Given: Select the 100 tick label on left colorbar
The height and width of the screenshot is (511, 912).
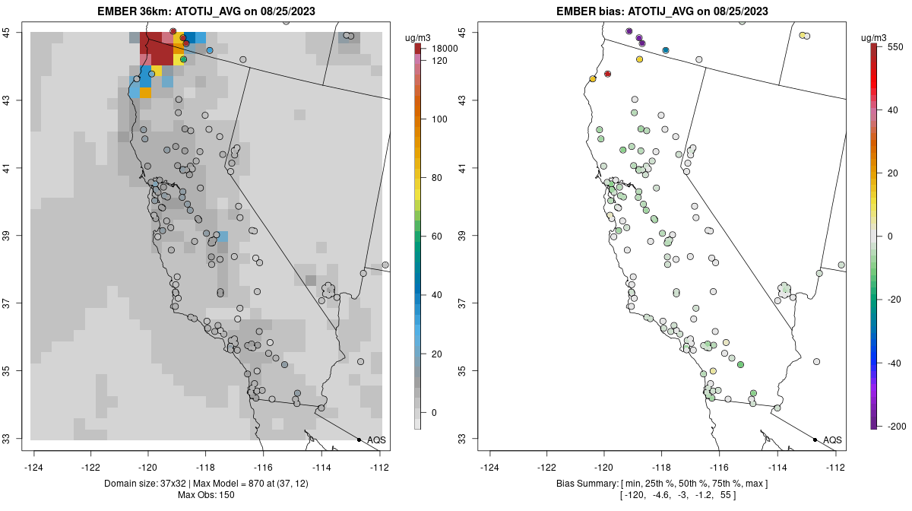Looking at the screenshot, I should [x=439, y=119].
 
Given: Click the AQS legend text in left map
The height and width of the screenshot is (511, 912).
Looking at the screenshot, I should [x=376, y=440].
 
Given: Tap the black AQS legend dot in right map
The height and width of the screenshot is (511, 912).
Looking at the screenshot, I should [x=814, y=440].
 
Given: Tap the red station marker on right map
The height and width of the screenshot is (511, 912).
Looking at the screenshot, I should [x=607, y=74].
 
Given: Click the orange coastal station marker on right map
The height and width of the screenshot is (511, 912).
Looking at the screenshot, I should [x=593, y=78].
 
